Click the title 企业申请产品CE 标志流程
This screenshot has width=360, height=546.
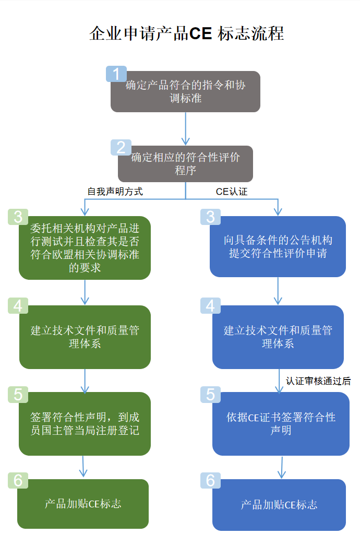[x=186, y=33]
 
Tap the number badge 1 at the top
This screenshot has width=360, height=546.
[x=116, y=74]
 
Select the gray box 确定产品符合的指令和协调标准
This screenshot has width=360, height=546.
[x=185, y=92]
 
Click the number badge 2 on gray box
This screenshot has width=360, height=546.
[x=121, y=148]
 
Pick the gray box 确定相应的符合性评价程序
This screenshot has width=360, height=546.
[x=185, y=163]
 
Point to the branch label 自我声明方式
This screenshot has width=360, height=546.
[x=115, y=192]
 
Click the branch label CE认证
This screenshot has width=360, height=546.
[x=232, y=192]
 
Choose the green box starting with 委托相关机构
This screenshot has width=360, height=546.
[x=85, y=248]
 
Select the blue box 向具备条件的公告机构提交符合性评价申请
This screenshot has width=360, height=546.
[x=278, y=246]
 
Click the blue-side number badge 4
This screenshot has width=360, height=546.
[x=210, y=306]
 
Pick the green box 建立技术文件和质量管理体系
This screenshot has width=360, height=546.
[x=85, y=337]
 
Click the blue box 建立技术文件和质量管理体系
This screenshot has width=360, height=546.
[x=278, y=337]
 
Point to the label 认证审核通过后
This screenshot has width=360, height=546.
[x=318, y=381]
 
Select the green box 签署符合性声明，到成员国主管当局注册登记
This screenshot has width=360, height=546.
[x=85, y=424]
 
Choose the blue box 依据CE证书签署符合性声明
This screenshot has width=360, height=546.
[x=281, y=424]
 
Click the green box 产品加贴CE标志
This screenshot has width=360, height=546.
[x=83, y=504]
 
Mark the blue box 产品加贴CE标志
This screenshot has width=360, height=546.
[x=279, y=505]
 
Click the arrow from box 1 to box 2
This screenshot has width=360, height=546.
[x=185, y=128]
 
